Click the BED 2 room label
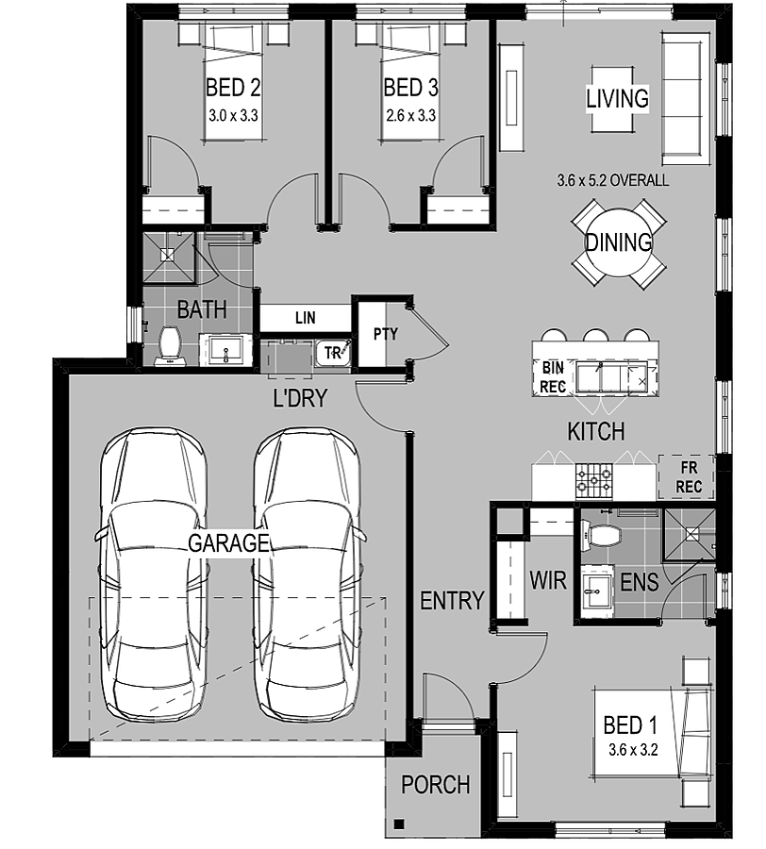click(233, 88)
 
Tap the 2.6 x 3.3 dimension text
click(411, 115)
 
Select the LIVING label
click(618, 98)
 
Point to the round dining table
click(618, 242)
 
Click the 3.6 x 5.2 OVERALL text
click(613, 180)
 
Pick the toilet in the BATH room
click(170, 346)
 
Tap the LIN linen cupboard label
click(306, 318)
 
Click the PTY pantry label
click(386, 334)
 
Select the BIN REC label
click(553, 376)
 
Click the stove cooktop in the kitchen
click(594, 480)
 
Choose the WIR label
click(548, 580)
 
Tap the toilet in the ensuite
click(600, 536)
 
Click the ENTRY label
click(452, 601)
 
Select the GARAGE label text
click(228, 542)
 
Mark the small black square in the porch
click(399, 824)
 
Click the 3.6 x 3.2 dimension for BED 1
click(633, 750)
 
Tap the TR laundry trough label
click(332, 353)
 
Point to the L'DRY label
click(300, 398)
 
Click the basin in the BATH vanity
click(226, 351)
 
